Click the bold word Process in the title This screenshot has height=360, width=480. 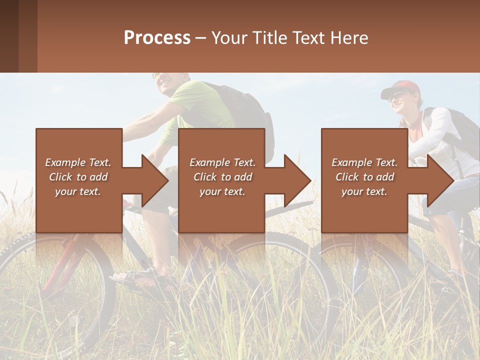pyautogui.click(x=157, y=38)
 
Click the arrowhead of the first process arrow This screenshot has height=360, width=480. pyautogui.click(x=155, y=180)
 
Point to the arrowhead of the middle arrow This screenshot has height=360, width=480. pyautogui.click(x=297, y=180)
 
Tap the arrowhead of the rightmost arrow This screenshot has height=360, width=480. pyautogui.click(x=440, y=180)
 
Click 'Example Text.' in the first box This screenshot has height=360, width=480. pyautogui.click(x=78, y=162)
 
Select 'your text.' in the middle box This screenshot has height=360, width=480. pyautogui.click(x=222, y=191)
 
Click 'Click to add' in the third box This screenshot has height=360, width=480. pyautogui.click(x=364, y=177)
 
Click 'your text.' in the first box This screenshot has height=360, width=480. pyautogui.click(x=78, y=191)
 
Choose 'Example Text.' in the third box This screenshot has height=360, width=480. pyautogui.click(x=364, y=162)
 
